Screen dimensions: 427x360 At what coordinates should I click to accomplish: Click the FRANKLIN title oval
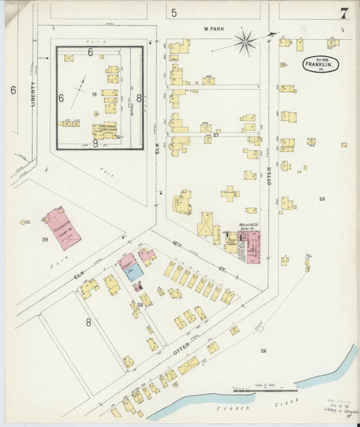(319, 65)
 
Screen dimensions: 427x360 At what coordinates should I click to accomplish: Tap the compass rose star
(245, 43)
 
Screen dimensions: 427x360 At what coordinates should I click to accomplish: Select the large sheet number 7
(344, 13)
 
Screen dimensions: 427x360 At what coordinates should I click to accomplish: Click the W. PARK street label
(215, 29)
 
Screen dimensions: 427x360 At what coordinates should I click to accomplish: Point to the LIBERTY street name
(32, 94)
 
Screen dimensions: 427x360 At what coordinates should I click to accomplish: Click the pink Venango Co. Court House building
(61, 227)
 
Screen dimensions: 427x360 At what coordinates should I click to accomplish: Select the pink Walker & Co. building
(251, 246)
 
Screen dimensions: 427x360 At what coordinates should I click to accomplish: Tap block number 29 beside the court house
(45, 240)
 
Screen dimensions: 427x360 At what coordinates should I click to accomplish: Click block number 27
(215, 135)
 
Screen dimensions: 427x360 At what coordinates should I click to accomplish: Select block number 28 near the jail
(140, 305)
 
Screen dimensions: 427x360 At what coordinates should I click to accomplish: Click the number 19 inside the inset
(94, 95)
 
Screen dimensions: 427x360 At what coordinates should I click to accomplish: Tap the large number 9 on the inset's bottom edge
(96, 143)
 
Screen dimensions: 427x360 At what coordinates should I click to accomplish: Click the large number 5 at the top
(174, 12)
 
